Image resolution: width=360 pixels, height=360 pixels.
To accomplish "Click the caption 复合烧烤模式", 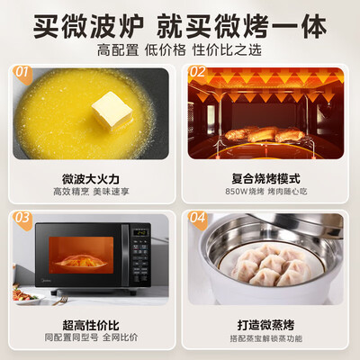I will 267,177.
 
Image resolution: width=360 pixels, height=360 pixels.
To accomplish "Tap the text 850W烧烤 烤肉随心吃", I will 267,192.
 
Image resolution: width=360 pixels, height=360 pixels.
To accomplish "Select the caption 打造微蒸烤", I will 267,324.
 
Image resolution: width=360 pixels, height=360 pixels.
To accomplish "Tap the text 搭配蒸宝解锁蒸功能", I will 267,338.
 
